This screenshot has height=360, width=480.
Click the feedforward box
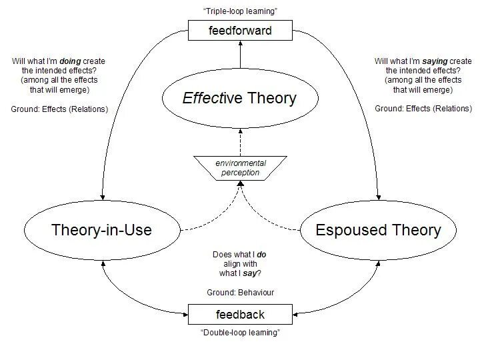point(240,30)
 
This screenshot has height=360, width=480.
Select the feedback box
point(240,314)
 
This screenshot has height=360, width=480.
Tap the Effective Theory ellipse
point(239,99)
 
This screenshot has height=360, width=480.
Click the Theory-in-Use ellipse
point(101,230)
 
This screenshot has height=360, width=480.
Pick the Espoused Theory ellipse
point(378,230)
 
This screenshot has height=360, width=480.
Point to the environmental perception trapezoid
point(240,168)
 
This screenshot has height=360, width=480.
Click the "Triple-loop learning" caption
point(240,11)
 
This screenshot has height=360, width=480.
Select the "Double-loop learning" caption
point(240,333)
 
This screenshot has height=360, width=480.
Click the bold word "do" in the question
point(261,255)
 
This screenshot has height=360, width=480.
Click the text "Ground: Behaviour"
point(240,293)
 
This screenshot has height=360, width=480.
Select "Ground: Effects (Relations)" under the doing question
point(59,108)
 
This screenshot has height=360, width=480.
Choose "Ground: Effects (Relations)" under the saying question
point(423,108)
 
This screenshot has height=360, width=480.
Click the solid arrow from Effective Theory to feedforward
point(240,57)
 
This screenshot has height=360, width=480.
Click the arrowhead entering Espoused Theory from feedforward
point(379,197)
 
